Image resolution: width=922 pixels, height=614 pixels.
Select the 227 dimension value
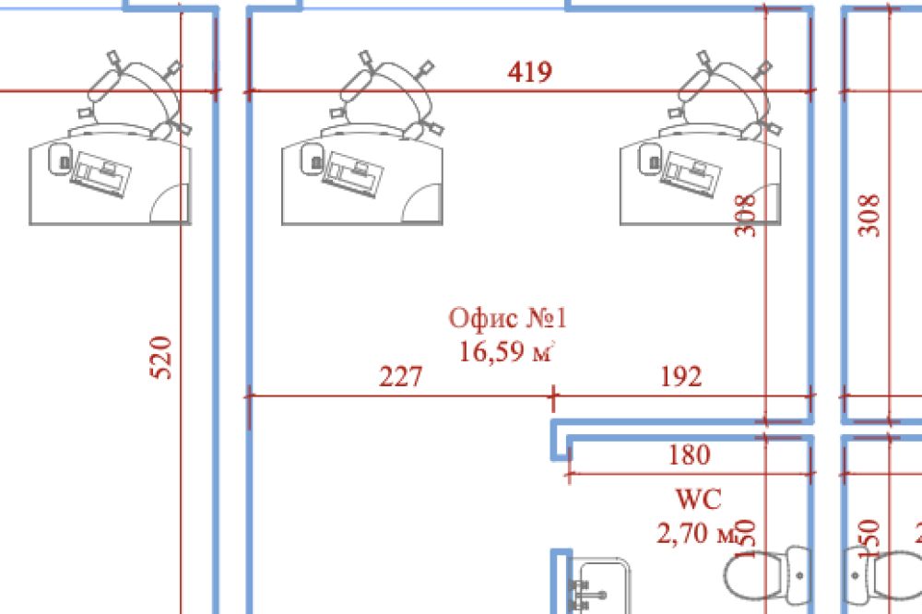point(401,377)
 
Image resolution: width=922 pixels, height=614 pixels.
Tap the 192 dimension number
point(681,377)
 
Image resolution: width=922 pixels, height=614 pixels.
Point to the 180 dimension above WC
point(689,455)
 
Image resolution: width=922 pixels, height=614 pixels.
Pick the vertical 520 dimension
point(160,357)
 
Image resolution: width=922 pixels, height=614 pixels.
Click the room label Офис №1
point(507,319)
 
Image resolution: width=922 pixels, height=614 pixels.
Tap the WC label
point(698,501)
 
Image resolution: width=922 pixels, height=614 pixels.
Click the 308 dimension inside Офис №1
point(747,214)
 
